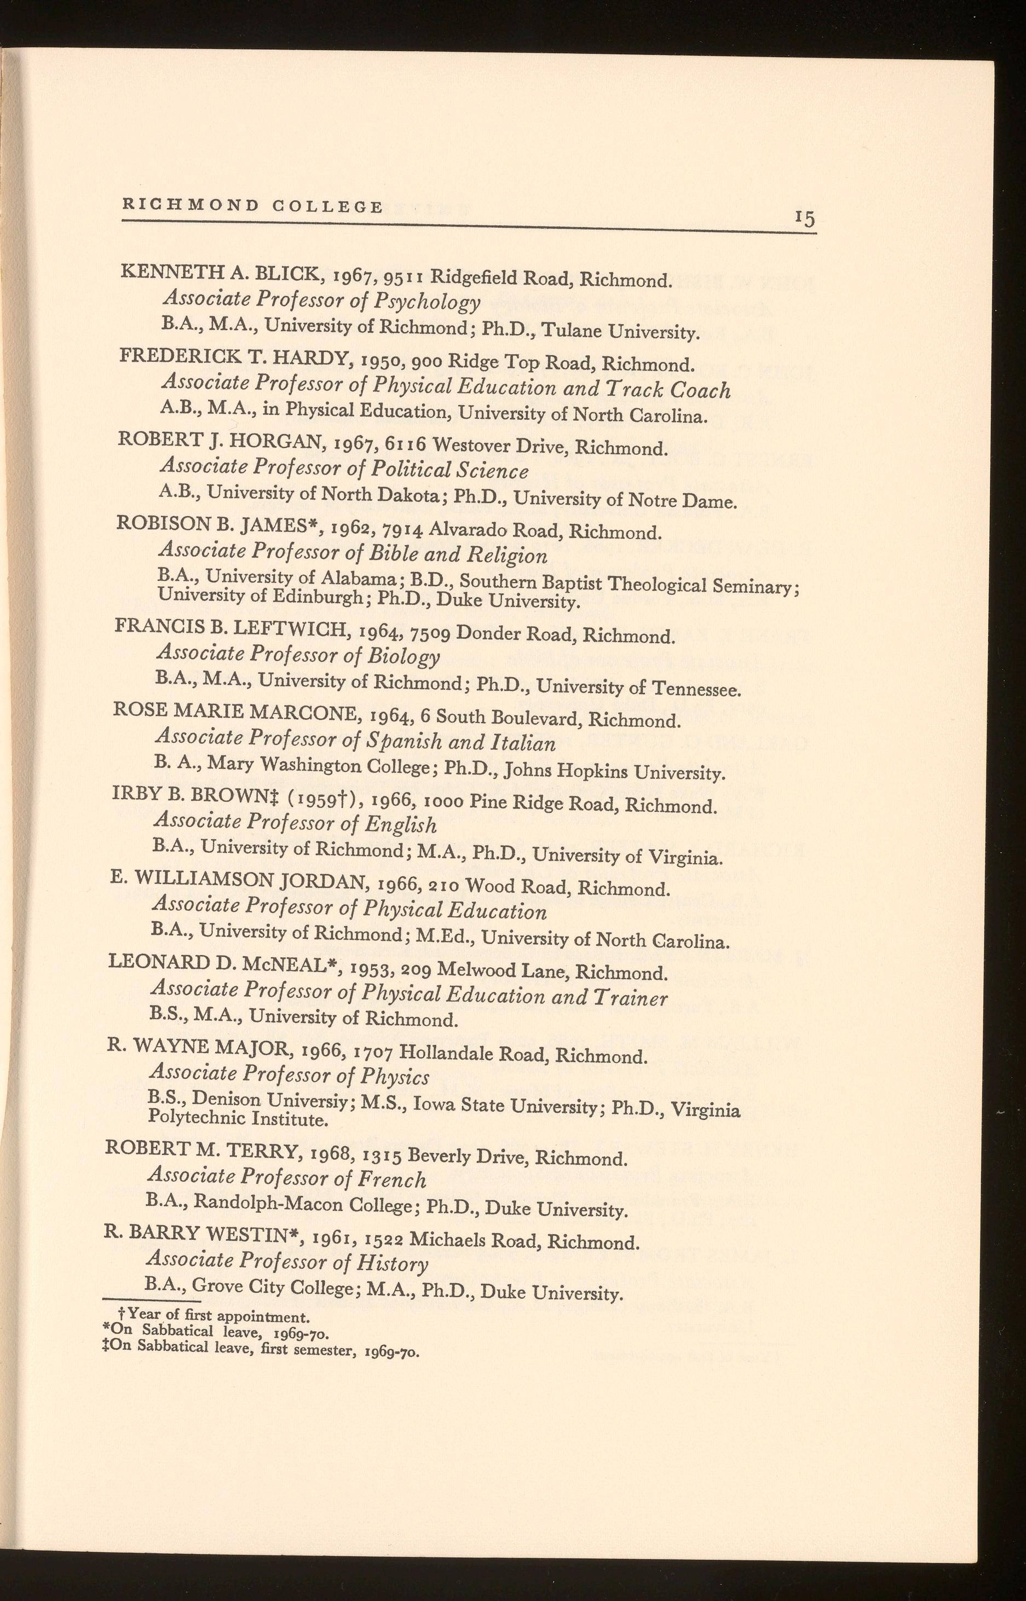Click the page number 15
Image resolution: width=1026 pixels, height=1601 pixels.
[x=805, y=218]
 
